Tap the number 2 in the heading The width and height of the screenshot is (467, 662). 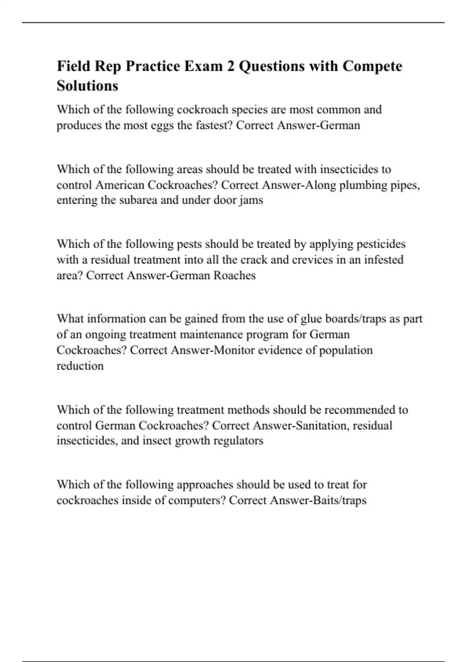(x=230, y=66)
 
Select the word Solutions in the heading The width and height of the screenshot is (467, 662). (x=87, y=85)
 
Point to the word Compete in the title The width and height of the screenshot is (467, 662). (x=372, y=66)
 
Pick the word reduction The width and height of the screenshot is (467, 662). (x=80, y=366)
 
